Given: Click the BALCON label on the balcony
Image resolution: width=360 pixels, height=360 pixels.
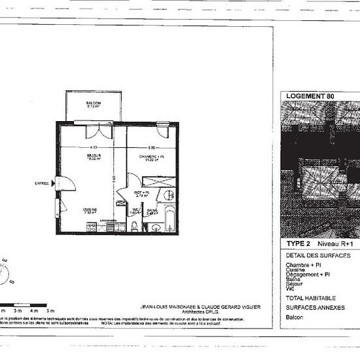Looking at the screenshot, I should click(x=92, y=105).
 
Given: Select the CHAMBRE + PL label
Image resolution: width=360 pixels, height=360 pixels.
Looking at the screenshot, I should click(x=151, y=158).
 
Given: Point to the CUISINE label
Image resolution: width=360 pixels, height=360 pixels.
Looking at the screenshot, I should click(x=90, y=210).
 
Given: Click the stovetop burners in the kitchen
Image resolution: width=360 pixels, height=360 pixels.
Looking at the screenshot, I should click(x=91, y=226).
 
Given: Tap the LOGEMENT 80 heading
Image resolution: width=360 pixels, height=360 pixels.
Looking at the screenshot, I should click(x=310, y=96).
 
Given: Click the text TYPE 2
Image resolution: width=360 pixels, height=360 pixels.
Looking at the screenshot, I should click(x=298, y=242).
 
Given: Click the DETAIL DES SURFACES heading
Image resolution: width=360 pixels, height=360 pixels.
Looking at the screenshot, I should click(x=318, y=255).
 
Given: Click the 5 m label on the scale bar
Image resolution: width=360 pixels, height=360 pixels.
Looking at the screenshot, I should click(x=51, y=310).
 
